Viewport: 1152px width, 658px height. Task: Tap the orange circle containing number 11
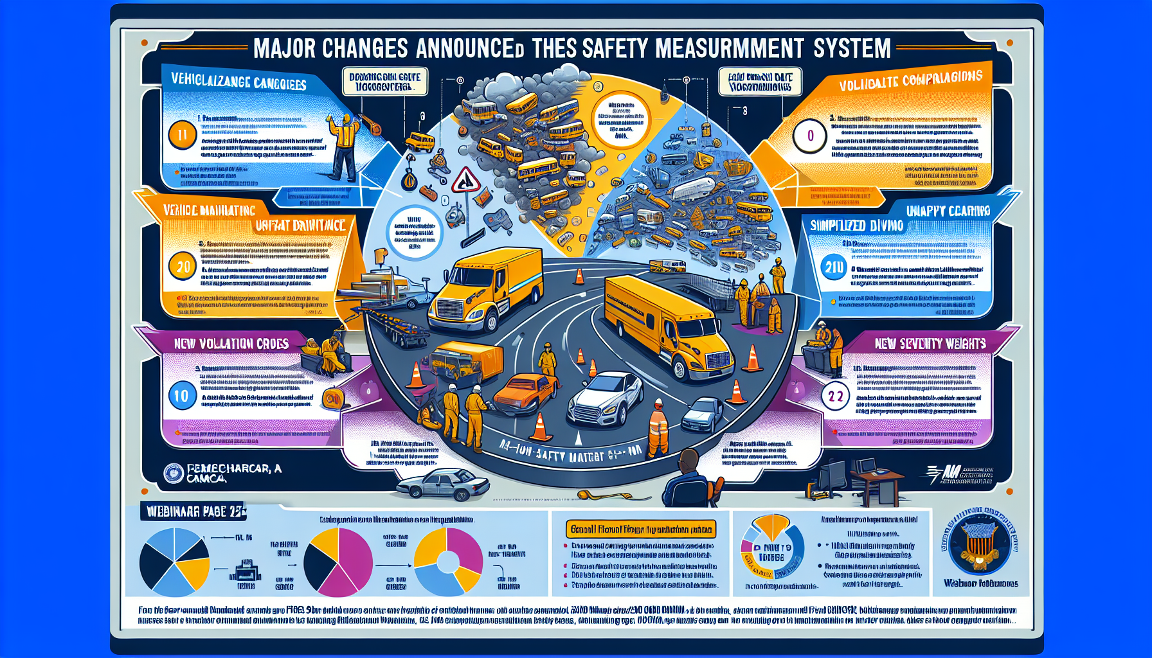click(x=182, y=136)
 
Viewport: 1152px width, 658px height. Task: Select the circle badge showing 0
click(x=810, y=136)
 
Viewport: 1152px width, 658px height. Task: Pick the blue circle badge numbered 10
click(x=182, y=396)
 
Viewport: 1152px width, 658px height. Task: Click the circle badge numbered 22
click(x=835, y=396)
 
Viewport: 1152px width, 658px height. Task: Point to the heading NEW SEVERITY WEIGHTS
click(x=930, y=344)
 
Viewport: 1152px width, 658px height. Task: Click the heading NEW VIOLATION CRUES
click(x=231, y=344)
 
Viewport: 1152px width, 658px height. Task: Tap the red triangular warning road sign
click(x=465, y=181)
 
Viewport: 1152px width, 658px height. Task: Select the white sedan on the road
click(x=605, y=399)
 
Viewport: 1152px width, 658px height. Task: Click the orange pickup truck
click(x=524, y=393)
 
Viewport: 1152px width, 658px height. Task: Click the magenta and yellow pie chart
click(x=338, y=562)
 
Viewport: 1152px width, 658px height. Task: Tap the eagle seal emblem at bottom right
click(x=980, y=544)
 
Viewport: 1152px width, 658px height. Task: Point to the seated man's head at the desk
click(x=688, y=461)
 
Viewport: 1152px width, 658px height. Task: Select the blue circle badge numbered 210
click(x=834, y=267)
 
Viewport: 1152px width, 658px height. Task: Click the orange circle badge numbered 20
click(x=183, y=266)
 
